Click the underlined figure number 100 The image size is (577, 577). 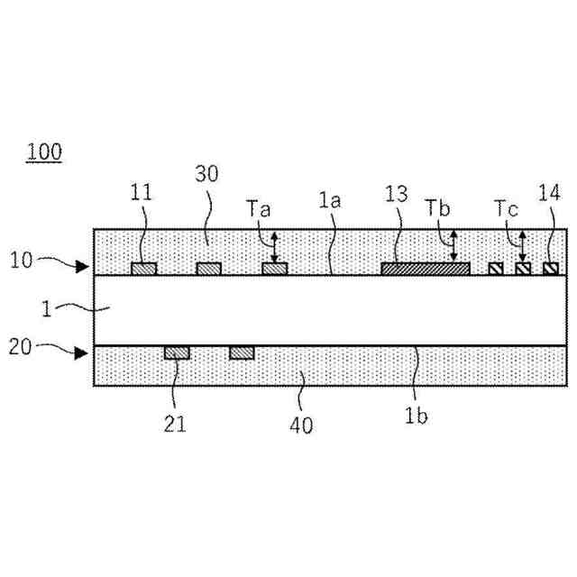click(x=44, y=151)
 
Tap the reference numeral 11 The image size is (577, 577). click(x=141, y=192)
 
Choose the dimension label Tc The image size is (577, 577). click(x=507, y=207)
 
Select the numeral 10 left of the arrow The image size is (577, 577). click(x=22, y=261)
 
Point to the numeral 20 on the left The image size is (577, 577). click(x=22, y=346)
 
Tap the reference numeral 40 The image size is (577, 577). click(x=302, y=425)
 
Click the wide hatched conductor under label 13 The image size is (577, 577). click(x=426, y=269)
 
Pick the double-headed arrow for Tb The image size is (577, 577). click(x=453, y=246)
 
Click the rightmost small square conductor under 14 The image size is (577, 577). click(x=550, y=269)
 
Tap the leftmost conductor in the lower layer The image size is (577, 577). click(x=177, y=353)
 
